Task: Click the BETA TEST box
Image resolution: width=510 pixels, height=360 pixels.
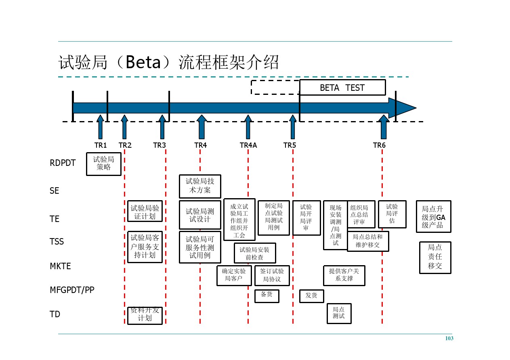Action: (342, 88)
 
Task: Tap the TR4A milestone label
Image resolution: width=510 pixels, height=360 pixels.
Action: (248, 145)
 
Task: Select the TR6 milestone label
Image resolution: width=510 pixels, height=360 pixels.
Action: (379, 145)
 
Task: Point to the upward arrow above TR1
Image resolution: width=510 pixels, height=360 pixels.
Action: (100, 127)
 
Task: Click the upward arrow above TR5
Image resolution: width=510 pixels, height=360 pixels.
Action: (293, 127)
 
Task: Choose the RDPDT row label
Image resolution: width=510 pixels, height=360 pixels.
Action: (63, 163)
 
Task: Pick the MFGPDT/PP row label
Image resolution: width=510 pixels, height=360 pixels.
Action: (72, 290)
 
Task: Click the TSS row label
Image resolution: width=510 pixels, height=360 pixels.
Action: (57, 241)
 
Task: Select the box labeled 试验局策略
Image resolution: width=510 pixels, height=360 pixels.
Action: (104, 164)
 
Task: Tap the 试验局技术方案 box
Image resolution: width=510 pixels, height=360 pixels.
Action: (200, 186)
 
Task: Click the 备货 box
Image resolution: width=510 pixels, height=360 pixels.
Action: (267, 296)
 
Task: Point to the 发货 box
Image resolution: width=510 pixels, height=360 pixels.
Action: (311, 296)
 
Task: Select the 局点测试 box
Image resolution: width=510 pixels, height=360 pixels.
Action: (339, 313)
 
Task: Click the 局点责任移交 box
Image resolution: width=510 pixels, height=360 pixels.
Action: (435, 257)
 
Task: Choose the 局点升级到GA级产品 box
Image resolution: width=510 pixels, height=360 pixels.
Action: (434, 216)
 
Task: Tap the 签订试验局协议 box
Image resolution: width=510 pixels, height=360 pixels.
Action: (272, 275)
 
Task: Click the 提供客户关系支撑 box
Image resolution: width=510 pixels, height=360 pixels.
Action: (344, 275)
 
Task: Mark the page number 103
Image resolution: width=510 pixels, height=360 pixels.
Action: (449, 338)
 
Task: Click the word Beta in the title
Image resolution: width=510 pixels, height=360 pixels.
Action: (143, 62)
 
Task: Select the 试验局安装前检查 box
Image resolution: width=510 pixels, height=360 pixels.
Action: (255, 253)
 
